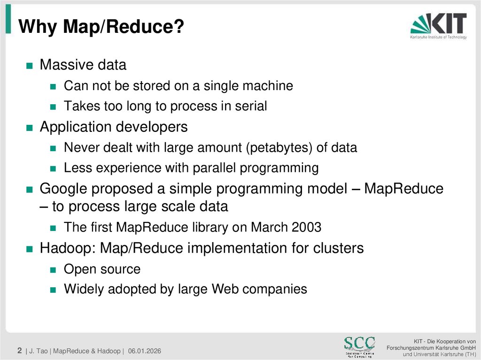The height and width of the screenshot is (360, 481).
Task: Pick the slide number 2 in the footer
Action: click(20, 351)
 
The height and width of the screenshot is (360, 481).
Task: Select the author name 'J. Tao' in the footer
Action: click(39, 351)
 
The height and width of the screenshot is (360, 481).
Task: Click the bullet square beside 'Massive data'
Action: click(29, 66)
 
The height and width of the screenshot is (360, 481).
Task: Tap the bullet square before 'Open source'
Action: click(54, 270)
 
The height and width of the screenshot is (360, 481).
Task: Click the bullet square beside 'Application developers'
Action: click(29, 128)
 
